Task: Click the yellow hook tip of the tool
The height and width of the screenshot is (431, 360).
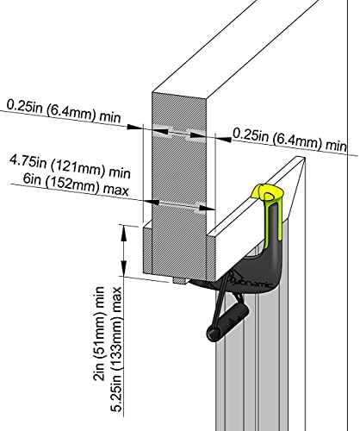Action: click(267, 192)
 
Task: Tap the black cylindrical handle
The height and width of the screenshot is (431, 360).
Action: click(227, 322)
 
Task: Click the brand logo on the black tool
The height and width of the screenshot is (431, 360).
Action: click(249, 282)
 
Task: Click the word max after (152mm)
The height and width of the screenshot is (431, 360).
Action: click(116, 191)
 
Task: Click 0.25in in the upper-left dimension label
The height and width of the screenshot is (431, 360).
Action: click(24, 106)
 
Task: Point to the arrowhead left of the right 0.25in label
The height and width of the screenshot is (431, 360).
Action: click(223, 139)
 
